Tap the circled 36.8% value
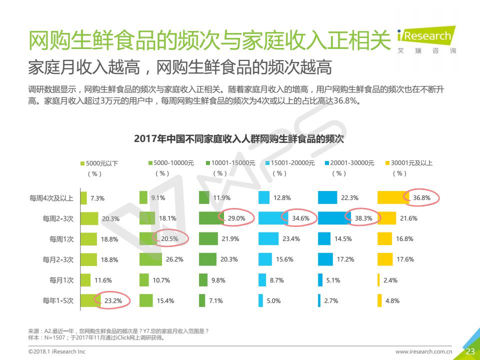(x=421, y=198)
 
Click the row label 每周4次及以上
(x=51, y=198)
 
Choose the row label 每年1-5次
(x=58, y=301)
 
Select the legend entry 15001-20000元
(x=292, y=163)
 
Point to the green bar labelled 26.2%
(x=150, y=259)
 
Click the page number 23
(x=470, y=351)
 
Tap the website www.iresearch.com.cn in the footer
(x=423, y=352)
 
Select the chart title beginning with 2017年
(x=239, y=139)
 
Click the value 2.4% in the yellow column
(x=390, y=280)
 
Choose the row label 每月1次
(x=61, y=280)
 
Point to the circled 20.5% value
(x=170, y=239)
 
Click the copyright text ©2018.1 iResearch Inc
(x=56, y=352)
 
